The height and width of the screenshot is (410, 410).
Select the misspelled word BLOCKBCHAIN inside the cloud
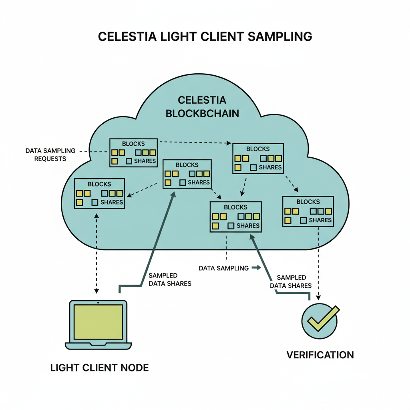pos(202,113)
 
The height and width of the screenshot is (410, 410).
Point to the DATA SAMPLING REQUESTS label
pos(50,155)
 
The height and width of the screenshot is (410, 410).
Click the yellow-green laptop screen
pos(98,322)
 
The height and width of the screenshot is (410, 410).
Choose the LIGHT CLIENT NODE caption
pos(99,368)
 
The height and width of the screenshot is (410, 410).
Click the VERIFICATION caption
pos(320,355)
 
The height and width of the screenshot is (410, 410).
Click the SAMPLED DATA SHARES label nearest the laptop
pos(169,279)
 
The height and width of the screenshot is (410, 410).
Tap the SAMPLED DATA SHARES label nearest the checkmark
pos(291,281)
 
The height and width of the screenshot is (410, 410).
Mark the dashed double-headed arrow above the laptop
pos(96,252)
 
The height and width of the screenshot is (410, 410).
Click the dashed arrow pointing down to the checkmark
pos(318,264)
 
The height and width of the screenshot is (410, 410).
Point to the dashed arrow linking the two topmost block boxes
pos(194,142)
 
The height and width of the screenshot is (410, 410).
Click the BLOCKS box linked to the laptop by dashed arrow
pos(99,193)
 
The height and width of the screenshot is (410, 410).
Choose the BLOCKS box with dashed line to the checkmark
pos(308,211)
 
